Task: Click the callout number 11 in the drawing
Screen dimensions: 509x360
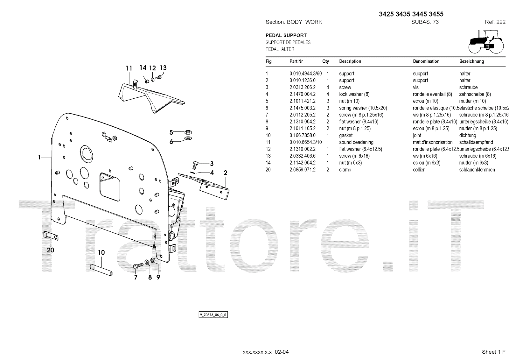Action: click(129, 68)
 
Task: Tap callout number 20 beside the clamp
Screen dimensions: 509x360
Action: click(51, 250)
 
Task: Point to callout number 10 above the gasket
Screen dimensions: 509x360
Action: click(101, 252)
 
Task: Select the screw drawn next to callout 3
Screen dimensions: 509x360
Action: click(196, 165)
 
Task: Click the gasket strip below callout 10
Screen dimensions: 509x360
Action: click(101, 271)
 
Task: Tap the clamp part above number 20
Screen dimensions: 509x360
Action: click(50, 236)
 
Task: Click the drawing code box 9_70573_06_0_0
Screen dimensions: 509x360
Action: click(213, 315)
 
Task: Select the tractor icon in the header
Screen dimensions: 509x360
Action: click(485, 42)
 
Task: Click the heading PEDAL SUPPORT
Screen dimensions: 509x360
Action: click(286, 35)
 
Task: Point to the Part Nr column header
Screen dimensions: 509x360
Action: click(296, 61)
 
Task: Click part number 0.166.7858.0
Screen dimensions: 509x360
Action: click(302, 135)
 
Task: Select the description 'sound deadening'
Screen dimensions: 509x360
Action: click(356, 142)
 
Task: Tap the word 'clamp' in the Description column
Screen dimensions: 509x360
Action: click(345, 170)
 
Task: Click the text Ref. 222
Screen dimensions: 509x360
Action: click(495, 22)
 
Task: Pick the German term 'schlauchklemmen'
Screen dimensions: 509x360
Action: click(477, 170)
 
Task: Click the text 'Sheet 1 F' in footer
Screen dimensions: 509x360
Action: click(493, 352)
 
